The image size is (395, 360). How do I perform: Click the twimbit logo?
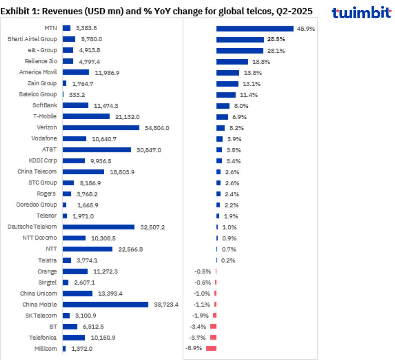click(x=361, y=13)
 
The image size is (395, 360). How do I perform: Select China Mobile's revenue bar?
click(x=106, y=305)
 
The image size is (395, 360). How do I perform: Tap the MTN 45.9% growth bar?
click(x=255, y=29)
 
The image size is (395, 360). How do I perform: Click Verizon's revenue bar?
click(x=101, y=127)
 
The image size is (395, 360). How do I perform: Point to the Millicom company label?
click(x=46, y=348)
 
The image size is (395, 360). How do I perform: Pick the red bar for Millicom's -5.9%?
click(x=211, y=348)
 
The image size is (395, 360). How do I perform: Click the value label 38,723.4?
click(x=166, y=305)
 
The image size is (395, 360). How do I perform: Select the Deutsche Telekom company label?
click(x=32, y=227)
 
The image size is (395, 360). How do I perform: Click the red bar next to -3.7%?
click(x=213, y=337)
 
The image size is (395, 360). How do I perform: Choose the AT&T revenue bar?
click(x=97, y=150)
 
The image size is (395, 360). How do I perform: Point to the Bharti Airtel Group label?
click(x=32, y=39)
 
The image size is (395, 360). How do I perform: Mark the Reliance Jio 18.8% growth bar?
click(x=232, y=62)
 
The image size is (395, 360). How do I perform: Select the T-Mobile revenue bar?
click(x=86, y=116)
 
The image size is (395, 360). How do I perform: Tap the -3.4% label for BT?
click(x=197, y=327)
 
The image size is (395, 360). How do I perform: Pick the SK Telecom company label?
click(x=39, y=316)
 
